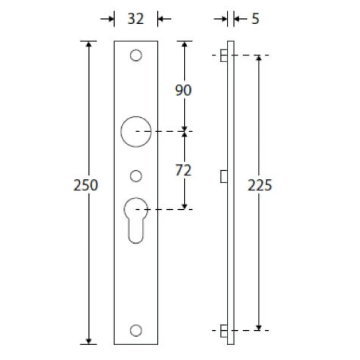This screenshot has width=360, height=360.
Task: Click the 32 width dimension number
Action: (135, 19)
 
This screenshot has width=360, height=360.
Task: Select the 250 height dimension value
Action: (86, 185)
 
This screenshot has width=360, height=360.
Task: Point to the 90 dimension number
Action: (183, 90)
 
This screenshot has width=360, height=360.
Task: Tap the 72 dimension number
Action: (183, 170)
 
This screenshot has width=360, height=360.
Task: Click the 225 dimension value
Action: (260, 185)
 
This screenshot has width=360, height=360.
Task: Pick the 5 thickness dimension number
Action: (255, 19)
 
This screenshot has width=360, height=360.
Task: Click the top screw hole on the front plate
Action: (136, 56)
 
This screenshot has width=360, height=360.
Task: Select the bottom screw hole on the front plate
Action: (136, 331)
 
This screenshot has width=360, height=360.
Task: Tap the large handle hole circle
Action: (121, 132)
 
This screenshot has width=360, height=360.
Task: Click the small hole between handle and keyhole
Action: (136, 176)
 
